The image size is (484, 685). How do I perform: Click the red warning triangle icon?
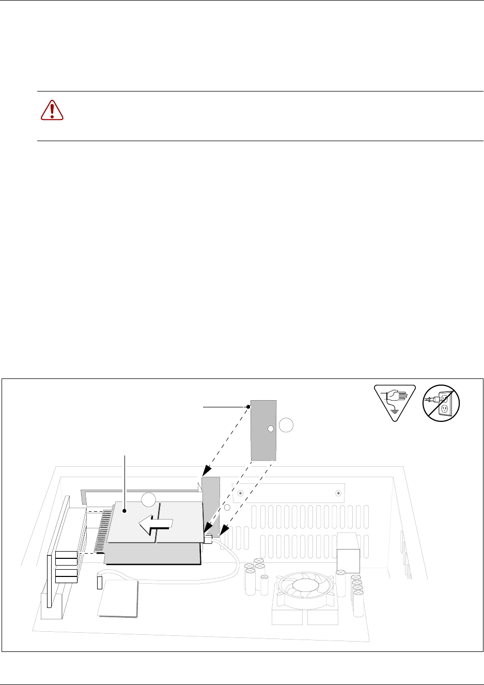tap(52, 110)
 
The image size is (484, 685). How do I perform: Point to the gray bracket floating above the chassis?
tap(263, 430)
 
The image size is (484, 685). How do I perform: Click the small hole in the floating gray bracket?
tap(270, 429)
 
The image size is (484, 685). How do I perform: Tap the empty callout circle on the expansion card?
tap(149, 499)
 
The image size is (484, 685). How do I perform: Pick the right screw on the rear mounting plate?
tap(338, 493)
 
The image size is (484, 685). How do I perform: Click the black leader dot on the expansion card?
tap(124, 511)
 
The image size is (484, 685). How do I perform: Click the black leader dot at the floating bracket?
tap(248, 407)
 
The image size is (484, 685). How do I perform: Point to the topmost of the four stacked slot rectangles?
tap(66, 555)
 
